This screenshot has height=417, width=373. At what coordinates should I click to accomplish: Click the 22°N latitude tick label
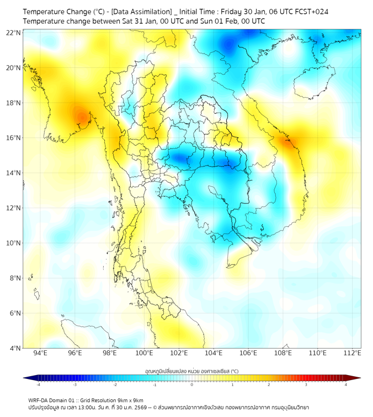coord(14,33)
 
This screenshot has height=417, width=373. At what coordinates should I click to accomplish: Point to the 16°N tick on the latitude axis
coord(14,138)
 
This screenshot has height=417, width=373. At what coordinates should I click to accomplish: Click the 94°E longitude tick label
coord(40,353)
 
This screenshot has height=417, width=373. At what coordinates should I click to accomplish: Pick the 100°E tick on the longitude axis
coord(145,353)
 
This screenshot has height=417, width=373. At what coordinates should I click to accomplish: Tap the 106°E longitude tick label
coord(248,353)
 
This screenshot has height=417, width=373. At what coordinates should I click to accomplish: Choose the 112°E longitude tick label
coord(353,353)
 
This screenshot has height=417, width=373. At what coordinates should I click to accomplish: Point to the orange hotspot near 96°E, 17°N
coord(81,117)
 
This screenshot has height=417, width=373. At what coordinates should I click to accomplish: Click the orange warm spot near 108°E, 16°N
coord(289,142)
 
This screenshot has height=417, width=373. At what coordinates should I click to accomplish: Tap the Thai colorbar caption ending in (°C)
coord(192,371)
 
